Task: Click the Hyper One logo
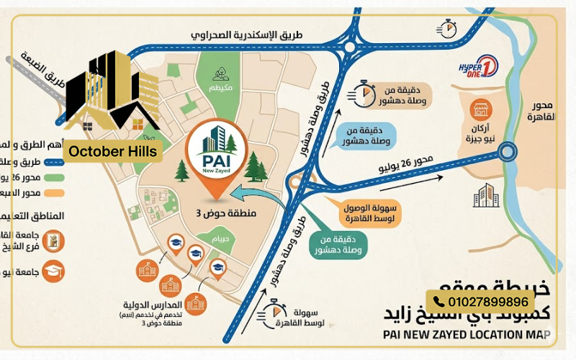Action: [478, 69]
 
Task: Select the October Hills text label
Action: [112, 152]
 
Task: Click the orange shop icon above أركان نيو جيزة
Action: [480, 110]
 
